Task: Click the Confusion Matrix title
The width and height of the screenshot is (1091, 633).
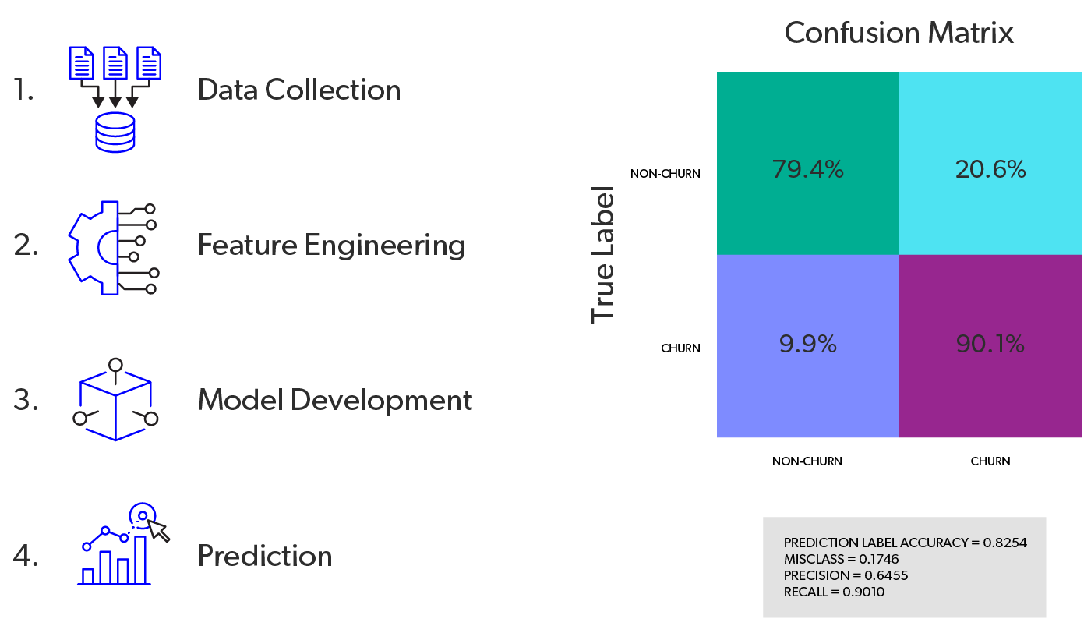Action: coord(899,33)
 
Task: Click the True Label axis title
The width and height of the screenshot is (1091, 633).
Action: coord(603,254)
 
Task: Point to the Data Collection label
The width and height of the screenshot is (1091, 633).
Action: coord(299,90)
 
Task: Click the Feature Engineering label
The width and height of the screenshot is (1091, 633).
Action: coord(331,246)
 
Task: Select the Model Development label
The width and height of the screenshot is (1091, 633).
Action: coord(335,401)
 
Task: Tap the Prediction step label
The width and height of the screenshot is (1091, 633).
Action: coord(265,556)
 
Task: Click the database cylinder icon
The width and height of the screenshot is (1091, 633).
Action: coord(115,132)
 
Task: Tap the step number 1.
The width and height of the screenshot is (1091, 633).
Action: coord(24,91)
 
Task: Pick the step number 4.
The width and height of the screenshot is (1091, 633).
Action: coord(26,557)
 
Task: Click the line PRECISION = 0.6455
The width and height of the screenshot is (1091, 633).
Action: coord(846,575)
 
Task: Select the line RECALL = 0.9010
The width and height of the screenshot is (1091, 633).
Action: coord(834,592)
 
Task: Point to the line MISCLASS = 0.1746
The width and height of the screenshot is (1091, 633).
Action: coord(841,559)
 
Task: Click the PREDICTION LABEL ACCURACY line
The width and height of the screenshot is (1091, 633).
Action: coord(905,543)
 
